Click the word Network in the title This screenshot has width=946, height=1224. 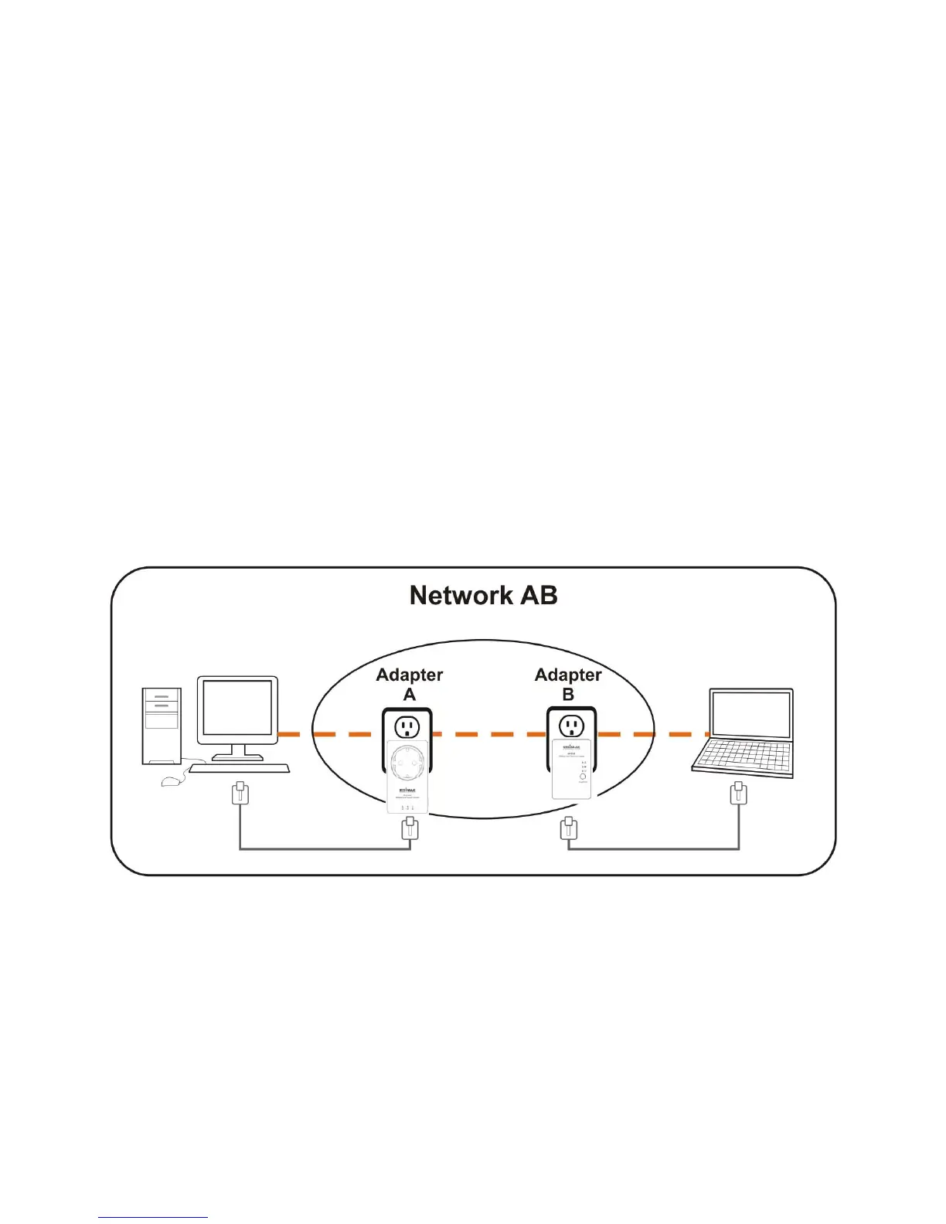[x=461, y=595]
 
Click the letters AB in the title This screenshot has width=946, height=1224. [x=539, y=595]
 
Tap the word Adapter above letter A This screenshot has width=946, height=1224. [x=409, y=675]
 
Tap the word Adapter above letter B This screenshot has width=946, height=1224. [x=568, y=675]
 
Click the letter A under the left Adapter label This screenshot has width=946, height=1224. [x=410, y=695]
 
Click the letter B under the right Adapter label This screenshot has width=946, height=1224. [x=568, y=695]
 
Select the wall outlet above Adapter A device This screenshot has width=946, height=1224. [x=407, y=726]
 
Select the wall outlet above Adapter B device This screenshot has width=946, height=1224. [x=571, y=726]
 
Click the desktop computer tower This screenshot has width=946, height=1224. [x=162, y=726]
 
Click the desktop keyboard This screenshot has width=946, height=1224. [x=239, y=769]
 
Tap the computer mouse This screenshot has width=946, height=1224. [x=172, y=782]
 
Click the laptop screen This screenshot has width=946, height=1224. [x=751, y=716]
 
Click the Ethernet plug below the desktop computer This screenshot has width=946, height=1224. [x=240, y=794]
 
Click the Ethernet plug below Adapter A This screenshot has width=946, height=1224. [x=410, y=828]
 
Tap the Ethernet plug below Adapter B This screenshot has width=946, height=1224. [x=568, y=828]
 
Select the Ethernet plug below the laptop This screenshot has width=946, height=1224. [x=739, y=794]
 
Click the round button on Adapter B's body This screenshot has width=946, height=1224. [x=582, y=776]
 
